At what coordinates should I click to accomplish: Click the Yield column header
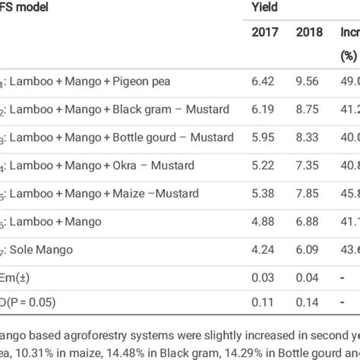(266, 8)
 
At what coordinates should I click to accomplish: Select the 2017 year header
(265, 33)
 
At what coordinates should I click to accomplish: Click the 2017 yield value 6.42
(263, 81)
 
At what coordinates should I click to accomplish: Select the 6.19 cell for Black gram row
(263, 109)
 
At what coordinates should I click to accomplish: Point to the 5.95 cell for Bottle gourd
(263, 137)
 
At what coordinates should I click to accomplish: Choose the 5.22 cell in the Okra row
(263, 166)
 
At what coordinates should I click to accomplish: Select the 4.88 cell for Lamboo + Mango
(263, 222)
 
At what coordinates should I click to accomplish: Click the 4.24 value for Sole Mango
(263, 250)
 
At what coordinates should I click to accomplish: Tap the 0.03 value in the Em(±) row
(263, 277)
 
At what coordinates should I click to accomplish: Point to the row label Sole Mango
(43, 250)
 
